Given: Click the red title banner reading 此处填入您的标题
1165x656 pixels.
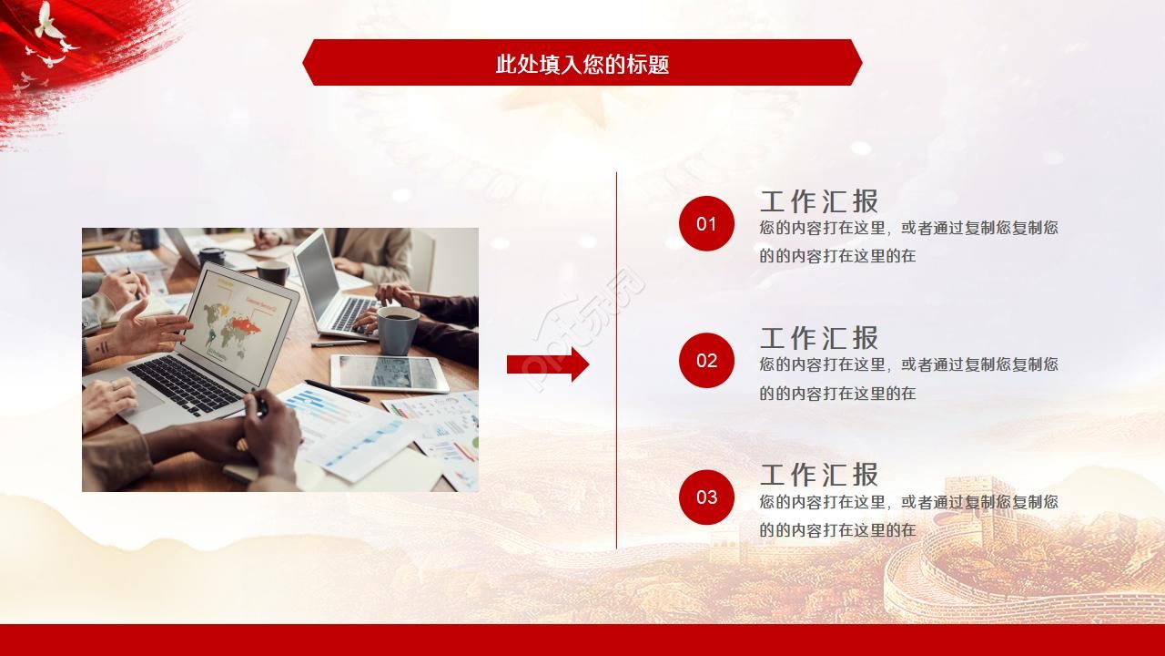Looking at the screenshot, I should click(582, 63).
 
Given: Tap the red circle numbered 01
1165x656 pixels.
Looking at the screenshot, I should click(706, 223).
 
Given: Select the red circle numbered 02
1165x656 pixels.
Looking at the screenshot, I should click(706, 360).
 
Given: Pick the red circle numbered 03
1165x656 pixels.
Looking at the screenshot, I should click(706, 497).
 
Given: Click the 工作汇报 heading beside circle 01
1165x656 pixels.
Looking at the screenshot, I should click(819, 201).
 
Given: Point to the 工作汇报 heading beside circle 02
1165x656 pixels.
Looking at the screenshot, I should click(819, 338).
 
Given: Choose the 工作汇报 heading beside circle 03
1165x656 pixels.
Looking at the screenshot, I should click(819, 475).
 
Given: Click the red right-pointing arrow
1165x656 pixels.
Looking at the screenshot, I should click(548, 364).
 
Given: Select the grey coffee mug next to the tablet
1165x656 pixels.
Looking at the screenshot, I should click(398, 330).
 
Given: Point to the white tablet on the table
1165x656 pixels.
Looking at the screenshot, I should click(390, 373).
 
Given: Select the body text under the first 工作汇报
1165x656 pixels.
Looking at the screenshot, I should click(908, 241).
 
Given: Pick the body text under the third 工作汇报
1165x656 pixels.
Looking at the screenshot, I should click(908, 515).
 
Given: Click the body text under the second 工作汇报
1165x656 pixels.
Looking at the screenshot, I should click(908, 378).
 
